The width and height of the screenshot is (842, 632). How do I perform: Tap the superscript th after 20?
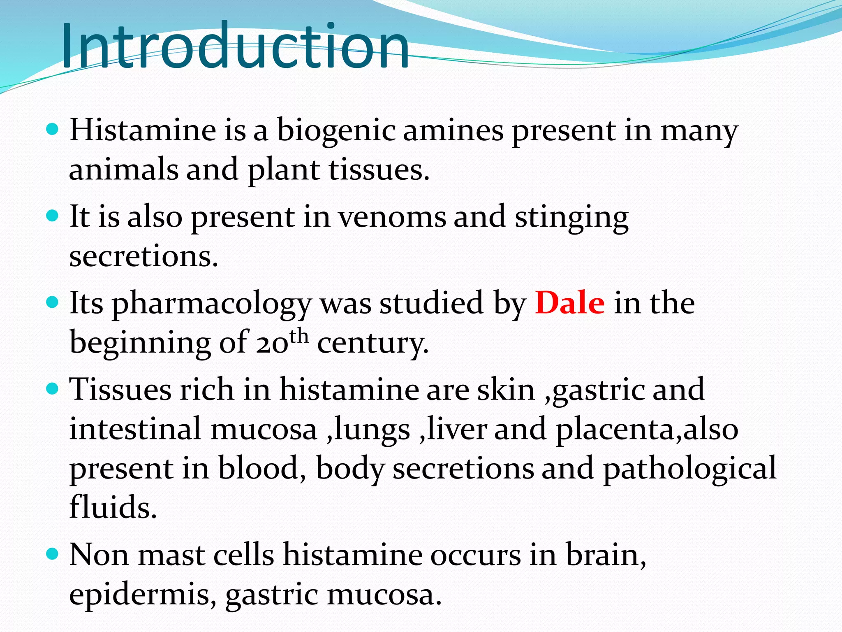coord(298,335)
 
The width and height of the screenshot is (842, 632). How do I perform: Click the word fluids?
coord(113,507)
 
